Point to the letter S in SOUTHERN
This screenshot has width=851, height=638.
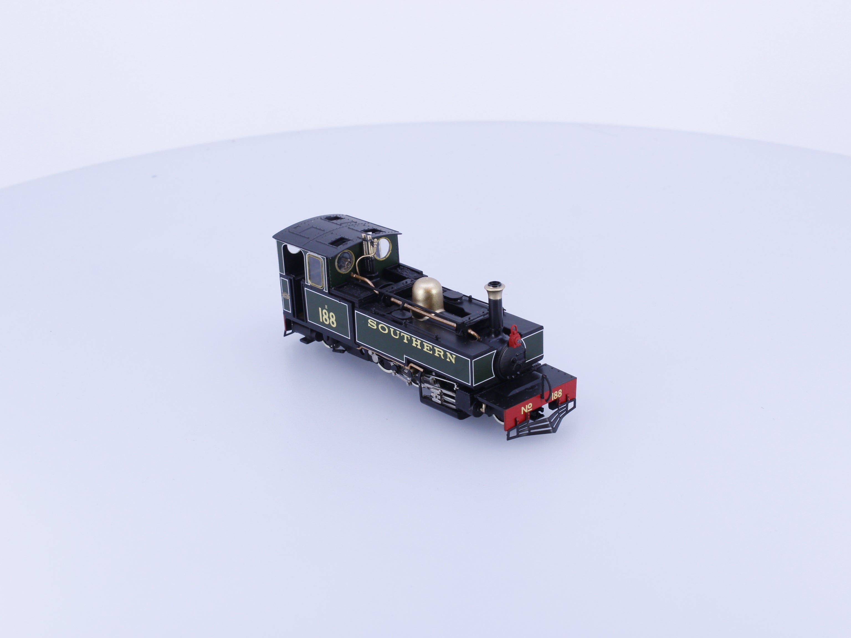pos(372,324)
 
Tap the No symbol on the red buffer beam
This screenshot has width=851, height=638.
pos(527,409)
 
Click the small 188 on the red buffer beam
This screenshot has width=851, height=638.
pos(556,394)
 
